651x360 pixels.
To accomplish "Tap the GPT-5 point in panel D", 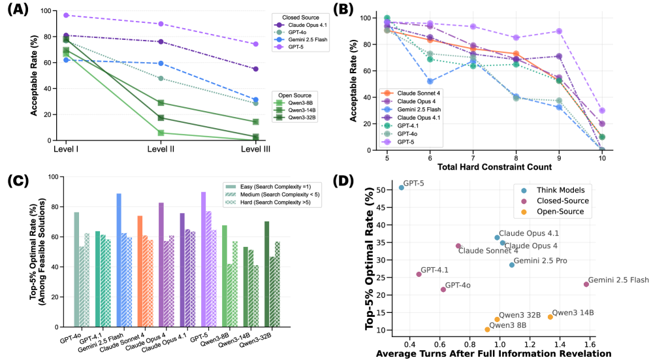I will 401,188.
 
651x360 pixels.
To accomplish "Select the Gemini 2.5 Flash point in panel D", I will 586,284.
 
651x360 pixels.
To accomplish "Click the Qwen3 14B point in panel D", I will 550,316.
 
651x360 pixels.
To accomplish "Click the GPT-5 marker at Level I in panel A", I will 65,15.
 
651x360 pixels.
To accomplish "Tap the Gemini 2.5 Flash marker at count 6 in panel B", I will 430,81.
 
